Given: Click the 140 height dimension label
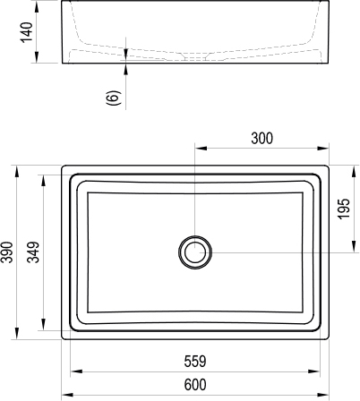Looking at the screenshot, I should pyautogui.click(x=26, y=33).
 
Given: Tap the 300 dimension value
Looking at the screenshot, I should pyautogui.click(x=262, y=139).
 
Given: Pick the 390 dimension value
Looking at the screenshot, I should pyautogui.click(x=8, y=252).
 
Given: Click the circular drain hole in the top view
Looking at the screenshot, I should pyautogui.click(x=194, y=252).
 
